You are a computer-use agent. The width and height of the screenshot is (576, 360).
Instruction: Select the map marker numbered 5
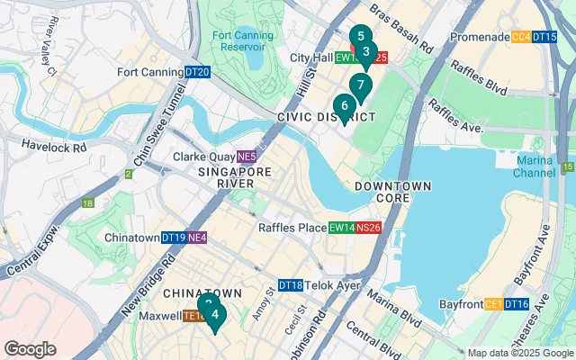(360, 38)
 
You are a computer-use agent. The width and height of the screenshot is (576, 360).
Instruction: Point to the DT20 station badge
(198, 72)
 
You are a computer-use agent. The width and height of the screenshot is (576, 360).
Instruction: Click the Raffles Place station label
(293, 228)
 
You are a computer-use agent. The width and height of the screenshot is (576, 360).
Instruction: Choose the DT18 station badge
(290, 285)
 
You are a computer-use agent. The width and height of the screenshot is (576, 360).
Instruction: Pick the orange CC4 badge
(521, 37)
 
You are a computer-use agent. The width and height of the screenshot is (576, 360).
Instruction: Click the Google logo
(30, 349)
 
